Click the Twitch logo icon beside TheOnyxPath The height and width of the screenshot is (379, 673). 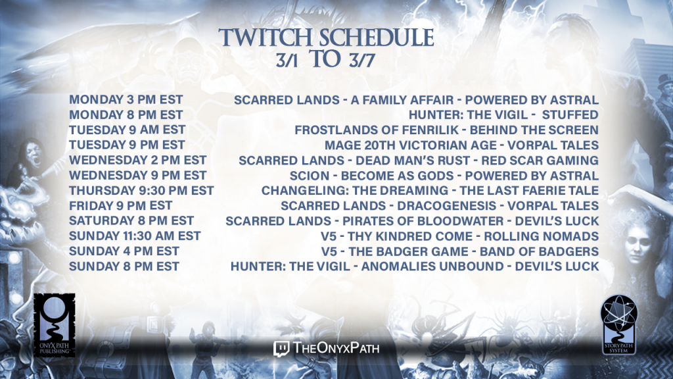[281, 349]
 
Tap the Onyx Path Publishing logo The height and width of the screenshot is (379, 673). [55, 325]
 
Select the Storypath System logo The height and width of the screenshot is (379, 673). [618, 324]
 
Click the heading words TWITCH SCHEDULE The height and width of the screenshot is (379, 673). [326, 38]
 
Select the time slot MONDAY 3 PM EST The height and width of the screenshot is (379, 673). [126, 100]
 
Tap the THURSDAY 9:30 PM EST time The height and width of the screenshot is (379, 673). [141, 190]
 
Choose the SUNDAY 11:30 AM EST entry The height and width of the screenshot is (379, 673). [135, 236]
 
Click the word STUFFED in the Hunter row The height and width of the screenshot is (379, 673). [570, 114]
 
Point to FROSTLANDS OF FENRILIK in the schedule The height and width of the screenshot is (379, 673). [377, 130]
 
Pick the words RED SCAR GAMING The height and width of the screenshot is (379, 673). [540, 161]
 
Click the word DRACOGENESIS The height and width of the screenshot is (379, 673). [446, 205]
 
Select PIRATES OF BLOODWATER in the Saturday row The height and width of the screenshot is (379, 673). [423, 221]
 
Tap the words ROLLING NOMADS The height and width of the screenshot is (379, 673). [542, 236]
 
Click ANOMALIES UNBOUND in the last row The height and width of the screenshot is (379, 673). [432, 266]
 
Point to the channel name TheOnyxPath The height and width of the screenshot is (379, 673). [336, 348]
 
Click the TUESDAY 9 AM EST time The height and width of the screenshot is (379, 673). [127, 130]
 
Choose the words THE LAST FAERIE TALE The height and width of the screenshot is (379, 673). [529, 190]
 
